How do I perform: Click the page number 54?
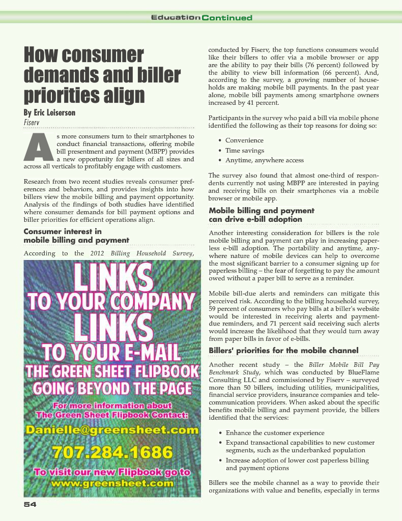pyautogui.click(x=30, y=504)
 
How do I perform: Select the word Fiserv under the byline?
pyautogui.click(x=32, y=123)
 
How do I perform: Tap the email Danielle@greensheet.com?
pyautogui.click(x=112, y=430)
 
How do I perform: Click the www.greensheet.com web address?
pyautogui.click(x=112, y=483)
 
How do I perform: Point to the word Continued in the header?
pyautogui.click(x=227, y=18)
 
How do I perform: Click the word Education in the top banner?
pyautogui.click(x=175, y=18)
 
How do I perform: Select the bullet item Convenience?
pyautogui.click(x=244, y=140)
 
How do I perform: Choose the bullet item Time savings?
pyautogui.click(x=245, y=151)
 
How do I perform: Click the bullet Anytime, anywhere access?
pyautogui.click(x=265, y=161)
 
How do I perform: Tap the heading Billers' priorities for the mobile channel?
pyautogui.click(x=283, y=350)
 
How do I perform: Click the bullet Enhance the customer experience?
pyautogui.click(x=275, y=432)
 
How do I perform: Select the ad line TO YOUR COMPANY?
pyautogui.click(x=112, y=301)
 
